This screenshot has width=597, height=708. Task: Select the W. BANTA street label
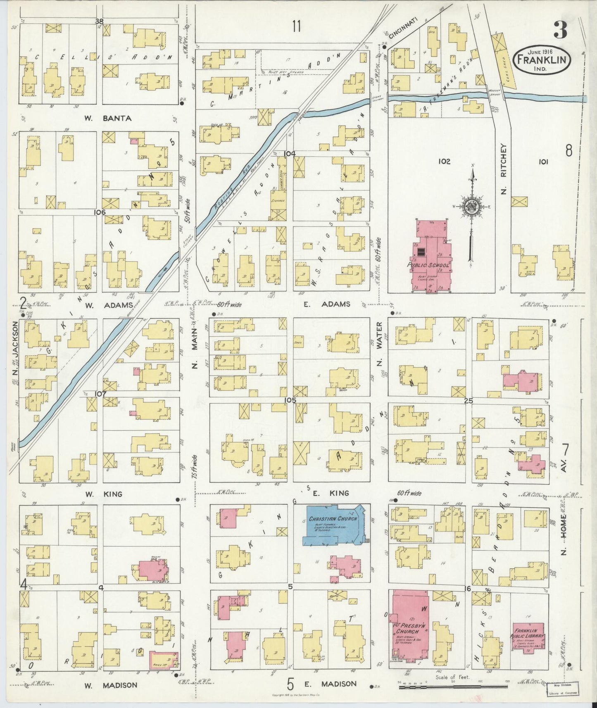click(x=108, y=119)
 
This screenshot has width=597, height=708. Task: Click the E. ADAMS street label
click(x=327, y=304)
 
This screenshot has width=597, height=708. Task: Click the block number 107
click(x=100, y=394)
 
